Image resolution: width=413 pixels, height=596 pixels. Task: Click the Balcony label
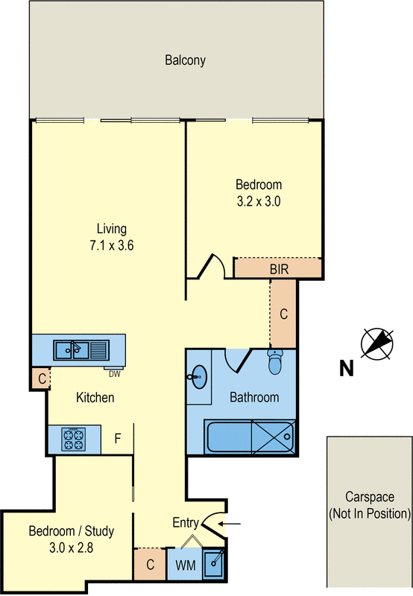click(185, 61)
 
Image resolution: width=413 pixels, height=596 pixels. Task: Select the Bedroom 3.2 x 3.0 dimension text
click(259, 200)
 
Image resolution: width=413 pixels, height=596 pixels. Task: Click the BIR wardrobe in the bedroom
click(279, 268)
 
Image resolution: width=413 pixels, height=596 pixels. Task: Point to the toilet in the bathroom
click(275, 362)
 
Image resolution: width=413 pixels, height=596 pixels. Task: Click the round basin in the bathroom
click(198, 378)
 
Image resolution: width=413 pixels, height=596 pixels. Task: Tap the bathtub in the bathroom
click(250, 437)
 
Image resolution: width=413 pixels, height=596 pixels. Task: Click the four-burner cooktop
click(75, 439)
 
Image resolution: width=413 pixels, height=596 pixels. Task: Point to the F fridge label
click(117, 439)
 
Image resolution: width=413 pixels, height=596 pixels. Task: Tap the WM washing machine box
click(185, 565)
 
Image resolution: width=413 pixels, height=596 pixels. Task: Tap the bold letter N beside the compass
click(346, 368)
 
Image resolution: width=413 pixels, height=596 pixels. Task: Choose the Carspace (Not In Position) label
click(368, 505)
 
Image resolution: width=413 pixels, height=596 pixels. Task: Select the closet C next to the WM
click(150, 565)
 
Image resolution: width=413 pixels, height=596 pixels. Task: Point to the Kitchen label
click(95, 398)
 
